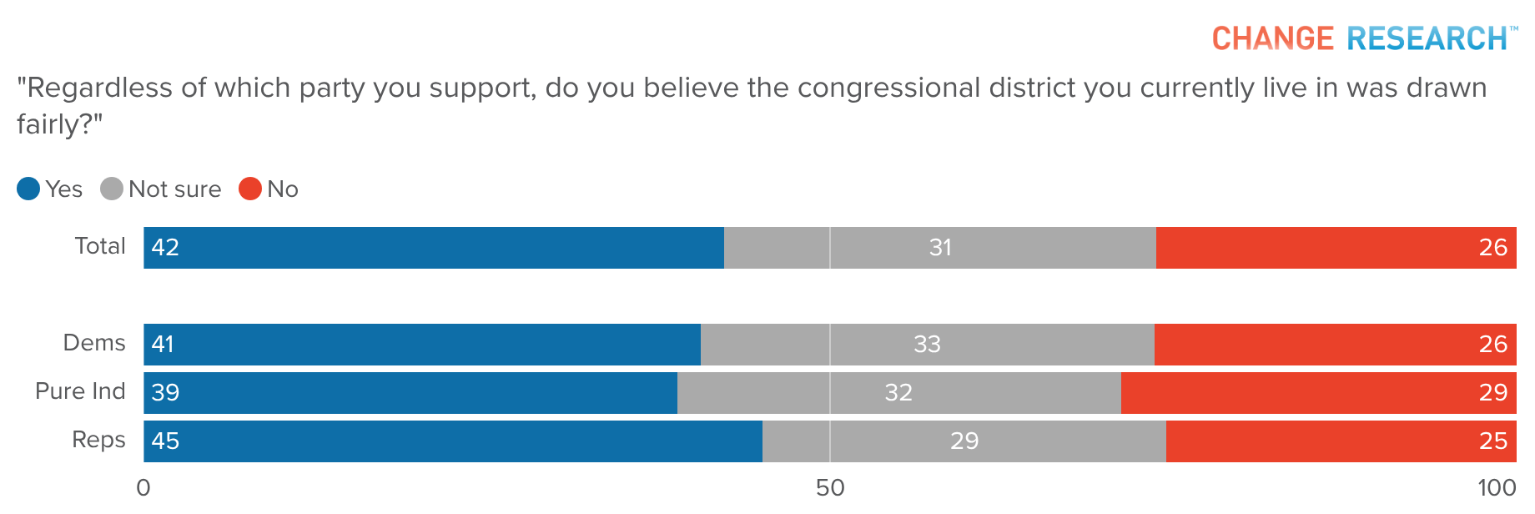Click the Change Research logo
[x=1363, y=38]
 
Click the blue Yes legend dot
[x=28, y=189]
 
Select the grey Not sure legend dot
[x=112, y=189]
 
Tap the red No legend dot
[x=250, y=189]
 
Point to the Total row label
[x=100, y=246]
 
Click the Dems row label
[x=94, y=343]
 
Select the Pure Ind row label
[x=80, y=391]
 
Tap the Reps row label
[x=98, y=440]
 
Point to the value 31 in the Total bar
[x=940, y=248]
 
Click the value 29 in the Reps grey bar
[x=964, y=441]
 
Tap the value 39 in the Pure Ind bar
[x=165, y=393]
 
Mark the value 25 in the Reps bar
[x=1492, y=441]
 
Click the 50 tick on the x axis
[x=830, y=488]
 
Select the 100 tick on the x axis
[x=1497, y=488]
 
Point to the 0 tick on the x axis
[x=143, y=488]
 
